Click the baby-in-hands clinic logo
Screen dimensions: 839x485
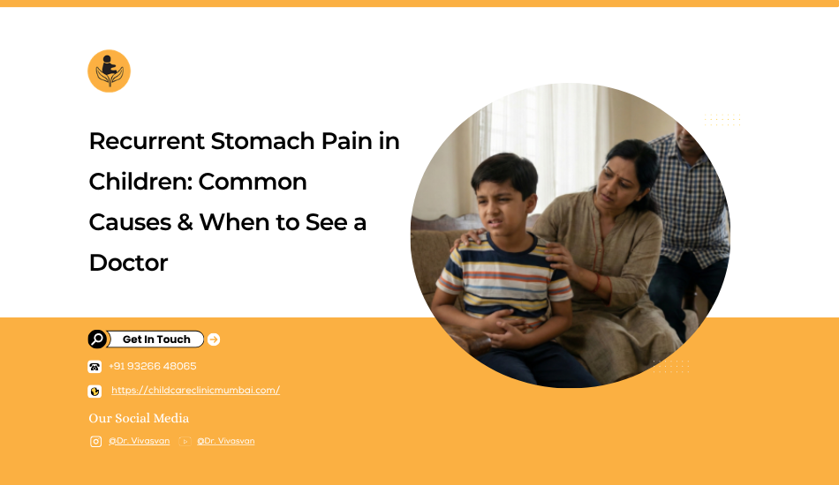click(x=110, y=71)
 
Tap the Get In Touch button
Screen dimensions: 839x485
click(x=155, y=339)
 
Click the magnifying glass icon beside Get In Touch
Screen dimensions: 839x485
click(x=97, y=339)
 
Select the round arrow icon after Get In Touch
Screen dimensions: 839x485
click(x=214, y=339)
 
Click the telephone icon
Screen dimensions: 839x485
click(x=94, y=367)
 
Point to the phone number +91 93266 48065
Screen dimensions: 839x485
click(x=153, y=367)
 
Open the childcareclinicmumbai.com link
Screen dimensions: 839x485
click(x=195, y=391)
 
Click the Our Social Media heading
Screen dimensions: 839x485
click(x=139, y=418)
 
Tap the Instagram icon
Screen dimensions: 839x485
click(x=95, y=442)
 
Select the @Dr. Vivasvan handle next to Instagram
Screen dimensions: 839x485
click(x=140, y=441)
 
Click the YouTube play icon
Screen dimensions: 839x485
click(x=185, y=442)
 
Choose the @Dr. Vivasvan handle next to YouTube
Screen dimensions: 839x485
click(x=226, y=441)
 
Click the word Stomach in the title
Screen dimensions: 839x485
click(x=262, y=142)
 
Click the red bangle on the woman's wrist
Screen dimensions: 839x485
click(x=597, y=283)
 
